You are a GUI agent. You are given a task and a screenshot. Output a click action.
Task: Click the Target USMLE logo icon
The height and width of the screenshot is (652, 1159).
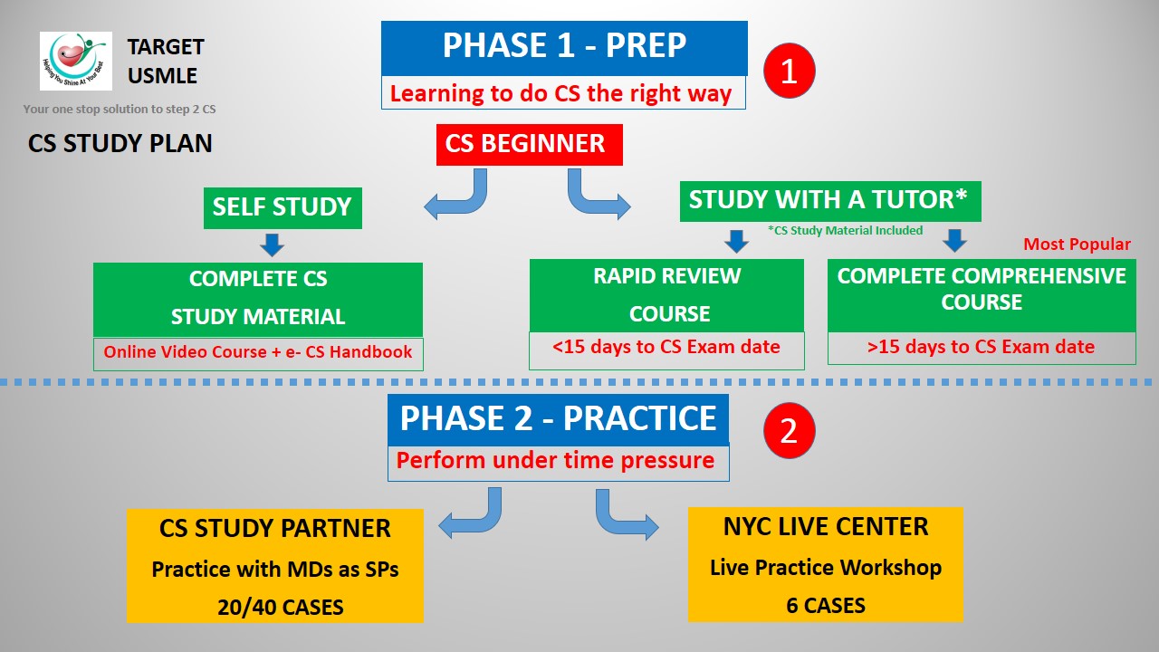(76, 61)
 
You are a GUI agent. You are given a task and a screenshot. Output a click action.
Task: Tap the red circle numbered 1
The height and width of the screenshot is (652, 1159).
(789, 71)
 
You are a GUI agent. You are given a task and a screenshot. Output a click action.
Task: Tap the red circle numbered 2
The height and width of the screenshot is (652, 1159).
(789, 431)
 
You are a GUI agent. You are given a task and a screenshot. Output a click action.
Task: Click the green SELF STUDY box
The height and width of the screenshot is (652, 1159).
(283, 207)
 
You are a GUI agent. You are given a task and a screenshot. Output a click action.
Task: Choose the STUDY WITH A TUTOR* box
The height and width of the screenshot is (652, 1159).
(829, 200)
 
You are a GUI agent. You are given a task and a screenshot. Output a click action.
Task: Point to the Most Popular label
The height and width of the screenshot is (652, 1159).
(1077, 244)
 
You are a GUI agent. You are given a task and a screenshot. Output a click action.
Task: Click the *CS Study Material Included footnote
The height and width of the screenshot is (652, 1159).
(844, 230)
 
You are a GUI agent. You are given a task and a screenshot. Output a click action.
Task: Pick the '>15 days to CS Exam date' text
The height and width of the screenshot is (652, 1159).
(981, 346)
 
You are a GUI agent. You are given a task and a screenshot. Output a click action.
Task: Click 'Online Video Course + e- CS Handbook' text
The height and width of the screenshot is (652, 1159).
(258, 352)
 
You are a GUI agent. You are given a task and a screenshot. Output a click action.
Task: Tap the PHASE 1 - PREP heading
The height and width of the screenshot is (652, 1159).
(563, 46)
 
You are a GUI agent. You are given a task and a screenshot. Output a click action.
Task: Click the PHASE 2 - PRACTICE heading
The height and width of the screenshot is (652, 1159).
(558, 418)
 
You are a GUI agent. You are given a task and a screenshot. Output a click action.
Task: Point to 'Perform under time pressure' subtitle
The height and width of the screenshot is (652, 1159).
(555, 460)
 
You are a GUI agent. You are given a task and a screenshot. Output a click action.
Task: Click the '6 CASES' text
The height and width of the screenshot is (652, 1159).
(825, 605)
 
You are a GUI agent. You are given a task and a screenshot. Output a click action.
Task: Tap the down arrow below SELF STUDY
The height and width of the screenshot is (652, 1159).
(272, 244)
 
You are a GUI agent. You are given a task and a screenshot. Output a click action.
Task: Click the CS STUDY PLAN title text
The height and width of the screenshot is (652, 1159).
(120, 144)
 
